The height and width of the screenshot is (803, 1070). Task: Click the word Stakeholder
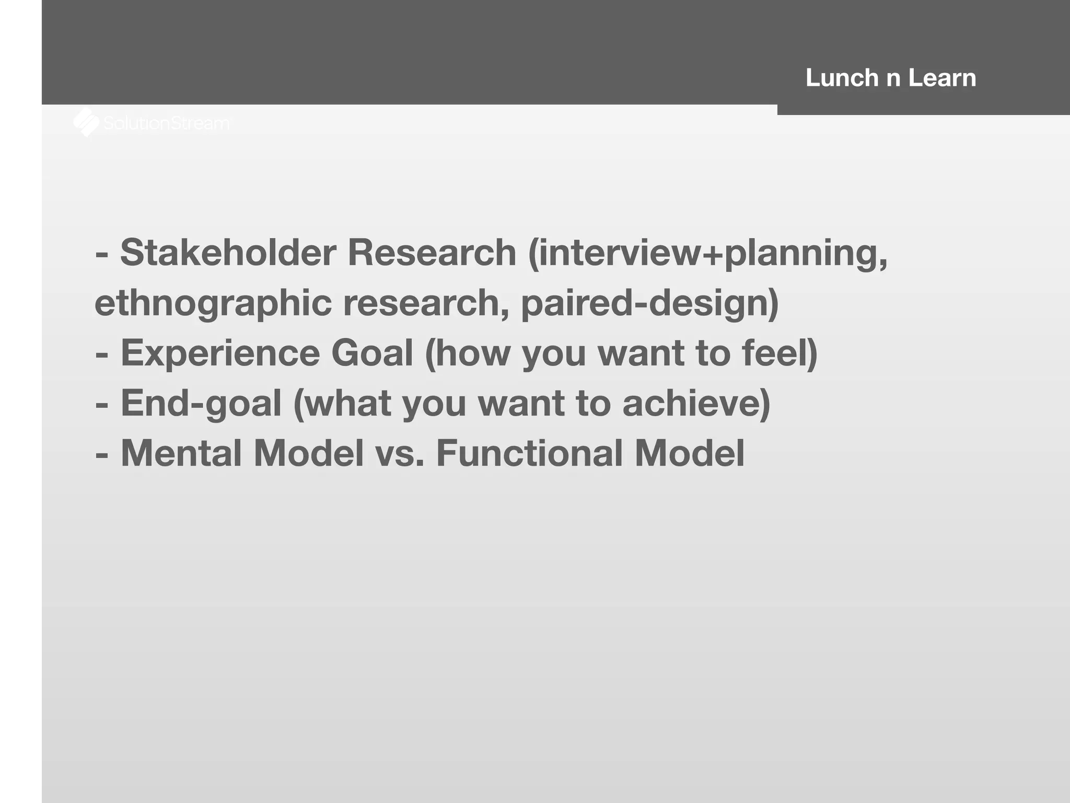coord(228,253)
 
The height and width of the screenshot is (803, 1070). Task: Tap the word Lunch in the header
coord(841,78)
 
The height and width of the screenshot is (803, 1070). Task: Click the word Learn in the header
coord(941,78)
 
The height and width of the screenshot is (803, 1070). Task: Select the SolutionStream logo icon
coord(86,122)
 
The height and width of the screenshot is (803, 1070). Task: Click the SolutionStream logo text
coord(166,123)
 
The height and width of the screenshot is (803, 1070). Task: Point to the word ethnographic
coord(213,304)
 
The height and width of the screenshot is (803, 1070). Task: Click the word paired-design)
coord(649,304)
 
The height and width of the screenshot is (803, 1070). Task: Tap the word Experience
coord(220,353)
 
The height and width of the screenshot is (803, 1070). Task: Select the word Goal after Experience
coord(372,353)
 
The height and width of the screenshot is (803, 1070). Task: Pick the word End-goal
coord(201,404)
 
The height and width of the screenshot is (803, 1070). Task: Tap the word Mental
coord(181,453)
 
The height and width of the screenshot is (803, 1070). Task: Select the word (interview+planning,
coord(707,253)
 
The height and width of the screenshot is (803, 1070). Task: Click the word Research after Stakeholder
coord(432,253)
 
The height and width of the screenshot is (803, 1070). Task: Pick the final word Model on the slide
coord(689,453)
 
